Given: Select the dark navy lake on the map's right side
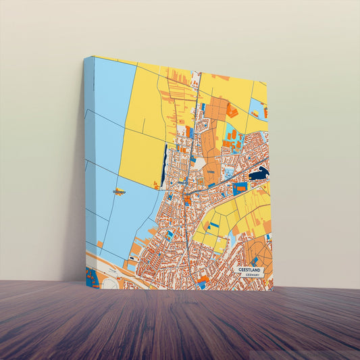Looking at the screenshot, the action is point(259,174).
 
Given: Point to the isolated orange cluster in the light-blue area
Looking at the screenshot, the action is point(119,192).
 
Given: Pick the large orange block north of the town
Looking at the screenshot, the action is point(216,108).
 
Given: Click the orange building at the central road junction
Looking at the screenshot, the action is point(187,199).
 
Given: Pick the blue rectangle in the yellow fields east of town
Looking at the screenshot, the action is point(240,189).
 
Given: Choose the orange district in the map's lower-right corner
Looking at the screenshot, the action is point(260,253).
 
